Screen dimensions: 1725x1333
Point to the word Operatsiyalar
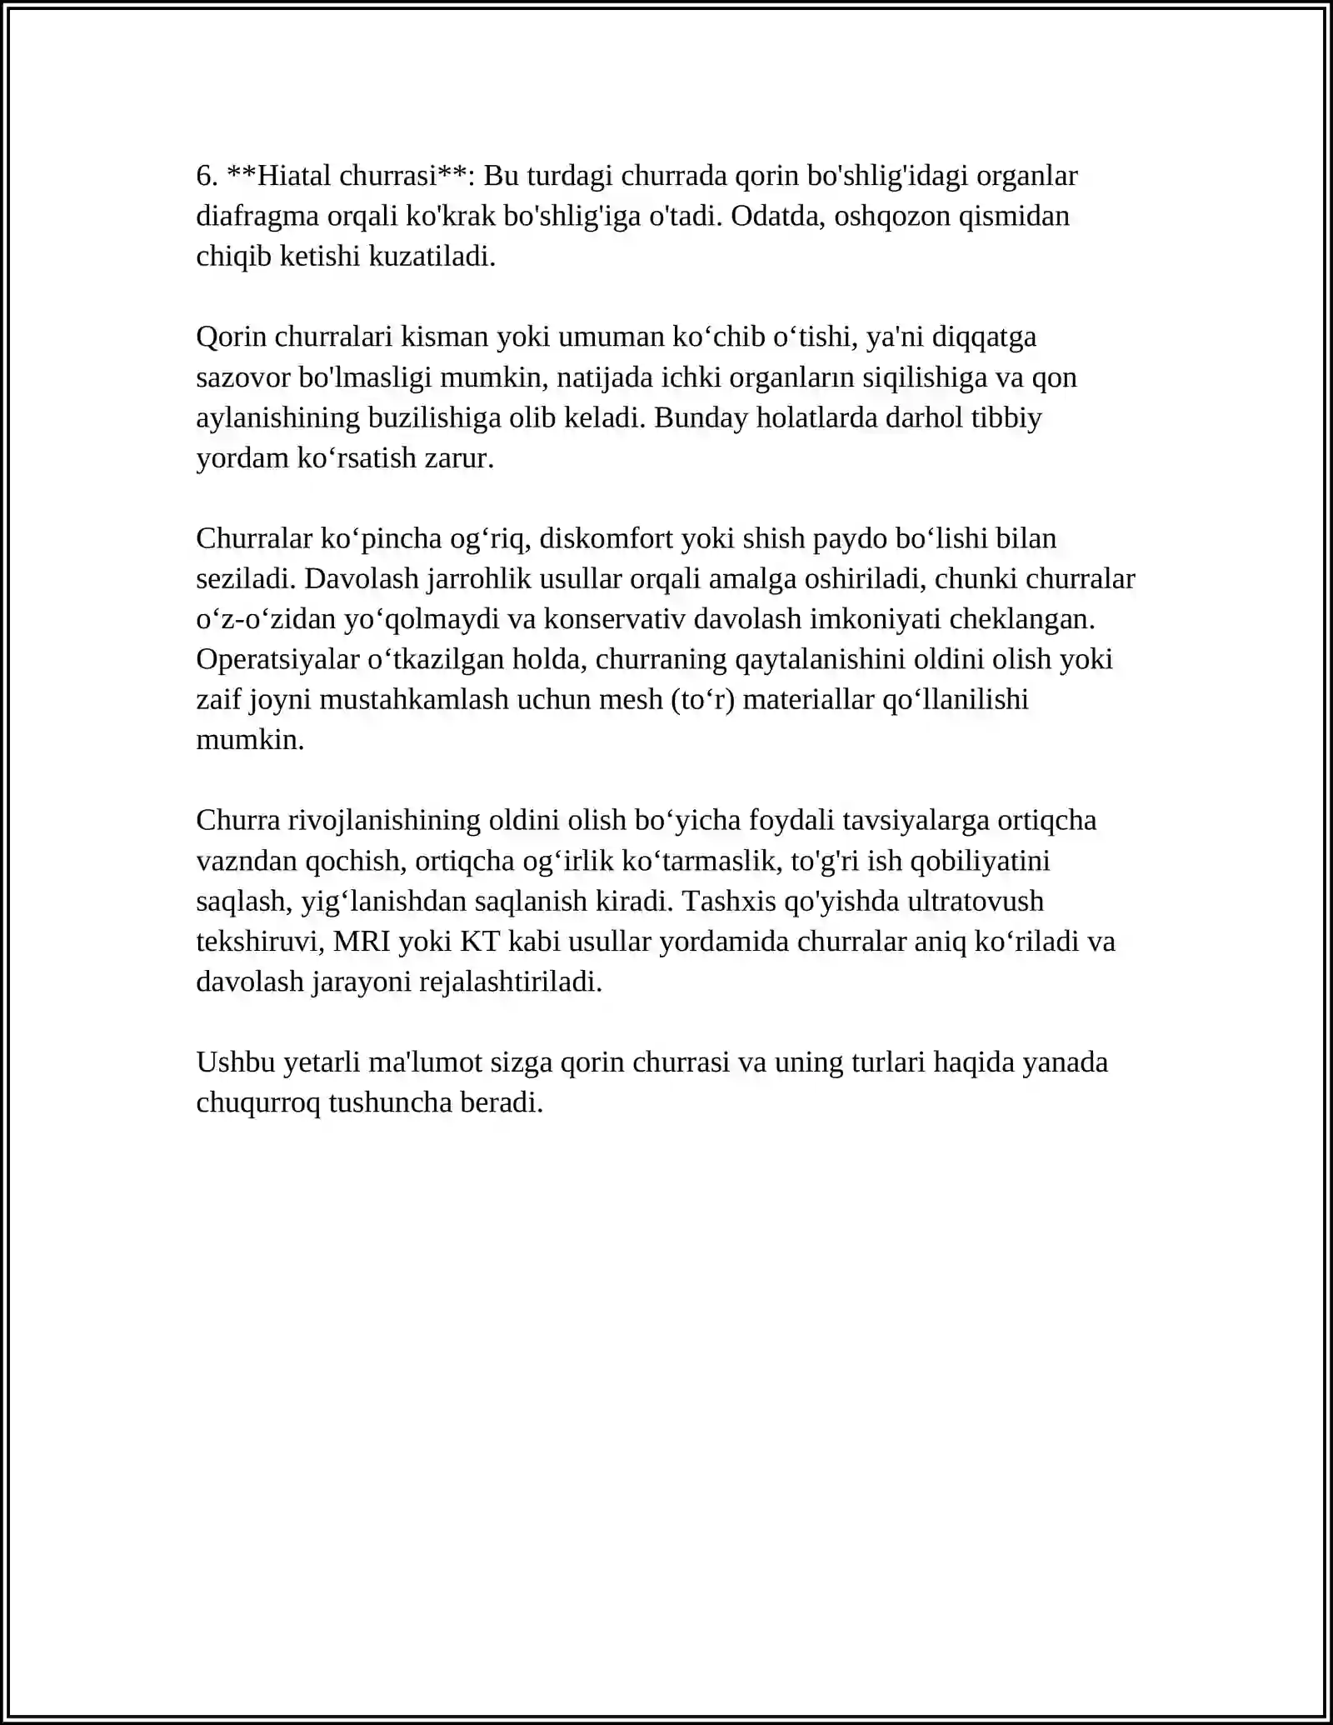click(x=277, y=660)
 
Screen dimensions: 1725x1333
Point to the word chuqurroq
click(x=258, y=1103)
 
